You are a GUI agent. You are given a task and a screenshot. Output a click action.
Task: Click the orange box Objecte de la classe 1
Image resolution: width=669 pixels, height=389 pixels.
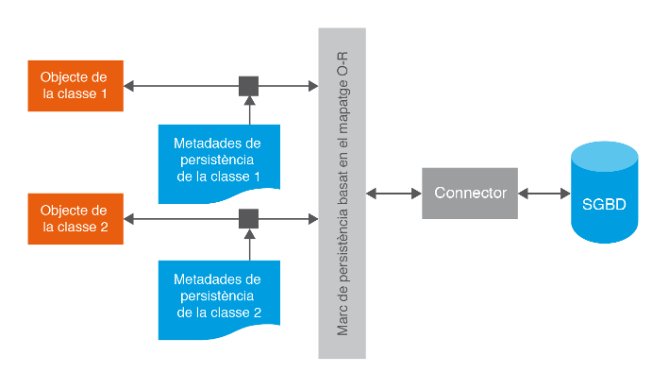click(x=75, y=86)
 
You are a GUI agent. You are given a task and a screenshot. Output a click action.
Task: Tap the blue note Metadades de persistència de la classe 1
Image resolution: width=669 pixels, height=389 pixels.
click(x=217, y=161)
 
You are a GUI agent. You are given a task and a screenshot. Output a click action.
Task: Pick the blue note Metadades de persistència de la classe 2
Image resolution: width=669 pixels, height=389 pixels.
click(x=217, y=296)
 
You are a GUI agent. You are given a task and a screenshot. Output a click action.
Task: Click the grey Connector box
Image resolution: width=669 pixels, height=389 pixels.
click(x=470, y=194)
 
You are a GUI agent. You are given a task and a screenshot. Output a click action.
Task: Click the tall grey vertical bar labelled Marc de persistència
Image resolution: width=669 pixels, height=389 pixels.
click(x=342, y=194)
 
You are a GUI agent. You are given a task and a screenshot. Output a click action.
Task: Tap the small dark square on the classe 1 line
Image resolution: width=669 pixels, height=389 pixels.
click(x=249, y=87)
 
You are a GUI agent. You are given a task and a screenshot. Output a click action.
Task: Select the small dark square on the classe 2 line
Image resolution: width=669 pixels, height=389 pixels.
click(x=249, y=218)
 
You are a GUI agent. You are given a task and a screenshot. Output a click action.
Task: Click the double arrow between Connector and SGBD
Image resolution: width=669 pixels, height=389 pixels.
click(x=544, y=194)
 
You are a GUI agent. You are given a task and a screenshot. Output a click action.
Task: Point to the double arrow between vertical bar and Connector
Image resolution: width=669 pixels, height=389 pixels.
click(x=393, y=194)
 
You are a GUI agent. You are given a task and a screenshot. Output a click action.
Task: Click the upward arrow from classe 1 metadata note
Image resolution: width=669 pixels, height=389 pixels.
click(x=249, y=110)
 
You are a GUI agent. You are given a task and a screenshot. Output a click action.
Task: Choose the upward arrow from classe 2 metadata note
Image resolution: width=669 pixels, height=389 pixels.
click(x=249, y=244)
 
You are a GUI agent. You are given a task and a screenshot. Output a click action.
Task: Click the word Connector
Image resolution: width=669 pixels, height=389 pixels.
click(x=470, y=194)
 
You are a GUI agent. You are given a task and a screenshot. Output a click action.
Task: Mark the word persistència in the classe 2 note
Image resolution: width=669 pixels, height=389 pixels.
click(x=217, y=296)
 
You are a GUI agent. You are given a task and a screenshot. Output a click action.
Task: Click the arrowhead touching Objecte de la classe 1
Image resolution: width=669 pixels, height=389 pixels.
click(x=129, y=87)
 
